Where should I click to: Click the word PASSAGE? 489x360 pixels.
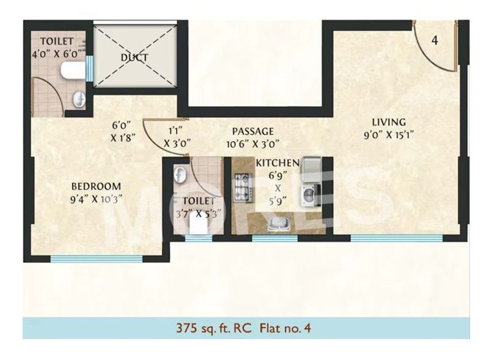pos(252,132)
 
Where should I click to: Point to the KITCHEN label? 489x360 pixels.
pos(277,163)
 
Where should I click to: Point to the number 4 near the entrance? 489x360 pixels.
pos(435,41)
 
